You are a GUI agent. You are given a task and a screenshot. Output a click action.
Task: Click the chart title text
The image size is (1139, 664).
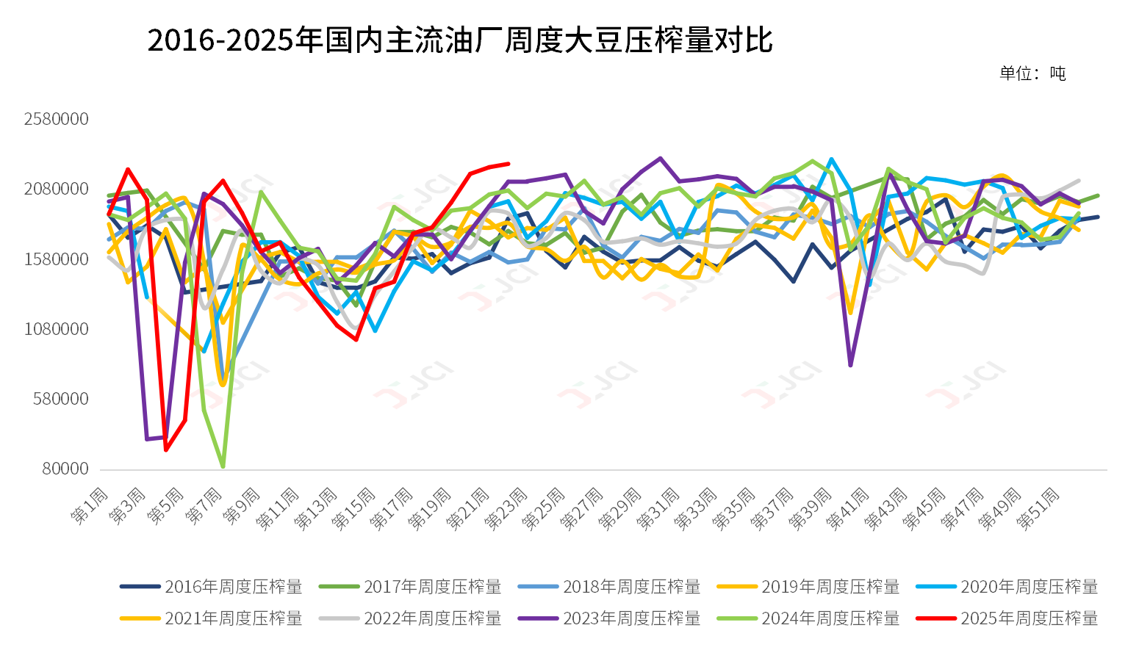click(459, 40)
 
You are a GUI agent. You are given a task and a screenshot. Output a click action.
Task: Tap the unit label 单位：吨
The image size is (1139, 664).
click(1032, 73)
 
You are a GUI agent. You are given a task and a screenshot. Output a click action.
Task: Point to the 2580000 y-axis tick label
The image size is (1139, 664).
click(56, 119)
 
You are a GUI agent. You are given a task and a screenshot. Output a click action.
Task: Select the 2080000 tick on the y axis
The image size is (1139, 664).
click(56, 190)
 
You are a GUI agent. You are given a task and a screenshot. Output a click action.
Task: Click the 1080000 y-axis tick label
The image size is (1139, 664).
click(56, 329)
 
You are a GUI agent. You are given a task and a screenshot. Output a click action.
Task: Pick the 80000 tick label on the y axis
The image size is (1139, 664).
click(65, 469)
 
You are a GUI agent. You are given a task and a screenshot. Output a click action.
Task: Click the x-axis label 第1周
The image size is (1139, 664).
click(90, 505)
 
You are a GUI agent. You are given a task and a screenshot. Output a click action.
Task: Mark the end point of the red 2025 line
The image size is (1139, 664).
click(509, 164)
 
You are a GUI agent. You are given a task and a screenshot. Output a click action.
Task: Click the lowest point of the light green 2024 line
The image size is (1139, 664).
click(223, 466)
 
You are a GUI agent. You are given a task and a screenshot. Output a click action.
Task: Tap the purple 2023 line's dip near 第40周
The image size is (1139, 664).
click(850, 365)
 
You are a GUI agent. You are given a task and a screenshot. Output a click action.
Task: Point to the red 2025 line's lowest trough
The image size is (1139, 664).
click(166, 450)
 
